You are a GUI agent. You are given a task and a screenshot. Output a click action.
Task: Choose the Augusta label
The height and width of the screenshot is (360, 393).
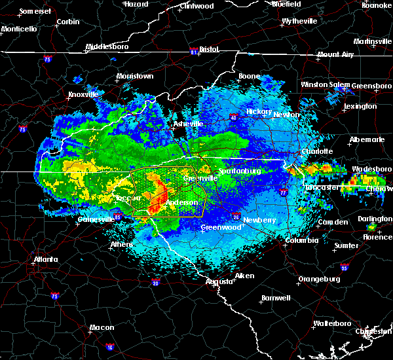(219, 281)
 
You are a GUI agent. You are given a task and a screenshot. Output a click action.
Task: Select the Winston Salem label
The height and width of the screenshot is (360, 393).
(326, 84)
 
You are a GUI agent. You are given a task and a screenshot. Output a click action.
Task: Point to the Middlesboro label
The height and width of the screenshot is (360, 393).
(108, 47)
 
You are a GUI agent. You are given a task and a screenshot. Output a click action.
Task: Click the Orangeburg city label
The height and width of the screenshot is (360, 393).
(319, 279)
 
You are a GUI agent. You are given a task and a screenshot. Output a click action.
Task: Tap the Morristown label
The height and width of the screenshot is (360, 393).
(135, 77)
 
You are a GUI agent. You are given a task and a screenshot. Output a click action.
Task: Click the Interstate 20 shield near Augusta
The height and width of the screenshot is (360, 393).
(156, 282)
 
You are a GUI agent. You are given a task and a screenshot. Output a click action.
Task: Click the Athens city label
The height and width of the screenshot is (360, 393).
(120, 245)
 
